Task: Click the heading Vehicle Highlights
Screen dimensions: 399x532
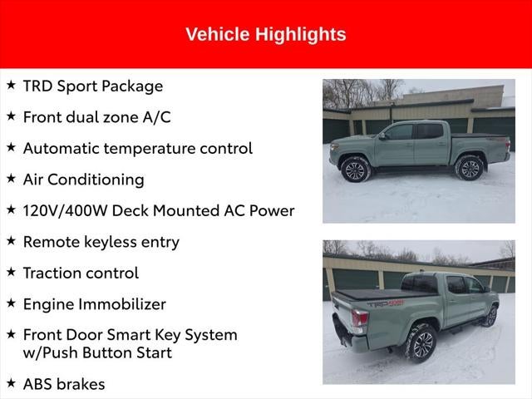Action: coord(265,34)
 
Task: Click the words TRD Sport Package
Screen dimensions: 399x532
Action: coord(92,86)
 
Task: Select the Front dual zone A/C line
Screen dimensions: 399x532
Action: coord(96,117)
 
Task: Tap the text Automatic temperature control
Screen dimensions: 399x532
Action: coord(137,148)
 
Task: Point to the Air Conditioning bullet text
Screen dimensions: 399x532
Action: coord(83,180)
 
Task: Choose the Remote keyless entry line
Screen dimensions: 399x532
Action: coord(101,242)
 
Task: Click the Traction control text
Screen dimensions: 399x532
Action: coord(81,273)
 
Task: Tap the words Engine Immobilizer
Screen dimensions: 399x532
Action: coord(94,304)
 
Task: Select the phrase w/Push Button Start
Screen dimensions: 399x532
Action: coord(97,352)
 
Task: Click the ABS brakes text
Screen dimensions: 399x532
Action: coord(64,384)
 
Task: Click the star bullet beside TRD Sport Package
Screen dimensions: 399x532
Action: coord(11,85)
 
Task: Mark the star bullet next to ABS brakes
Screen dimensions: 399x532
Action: coord(11,383)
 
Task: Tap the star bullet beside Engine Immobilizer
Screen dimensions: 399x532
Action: coord(11,303)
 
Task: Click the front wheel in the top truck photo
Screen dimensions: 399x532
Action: coord(355,170)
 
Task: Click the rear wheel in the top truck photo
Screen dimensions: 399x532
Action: coord(469,168)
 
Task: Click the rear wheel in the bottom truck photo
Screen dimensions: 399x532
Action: coord(421,342)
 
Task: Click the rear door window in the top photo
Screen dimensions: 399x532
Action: coord(430,131)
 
